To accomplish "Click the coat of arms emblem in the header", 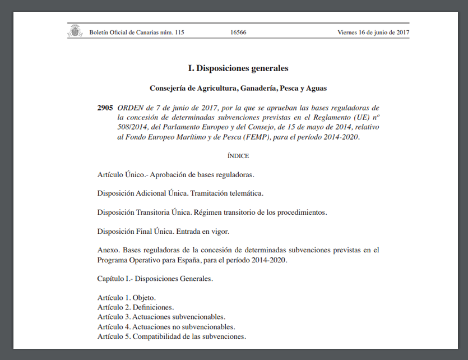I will tap(75, 31).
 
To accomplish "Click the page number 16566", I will tap(238, 33).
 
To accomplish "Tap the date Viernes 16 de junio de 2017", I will tap(373, 33).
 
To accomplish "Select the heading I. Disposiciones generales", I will tap(238, 68).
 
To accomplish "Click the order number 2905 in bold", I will tap(105, 107).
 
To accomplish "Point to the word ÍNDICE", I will tap(238, 156).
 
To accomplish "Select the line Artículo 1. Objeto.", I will tap(127, 297).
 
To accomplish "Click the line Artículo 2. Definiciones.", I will tap(136, 307).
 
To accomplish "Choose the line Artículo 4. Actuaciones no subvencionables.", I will tap(166, 327).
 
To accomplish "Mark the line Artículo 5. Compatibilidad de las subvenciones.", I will tap(172, 336).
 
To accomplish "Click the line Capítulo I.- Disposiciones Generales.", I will tap(155, 278).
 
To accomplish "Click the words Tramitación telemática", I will tap(227, 193).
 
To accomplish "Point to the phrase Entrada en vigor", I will tap(203, 231).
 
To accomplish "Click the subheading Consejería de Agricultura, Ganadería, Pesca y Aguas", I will tap(238, 88).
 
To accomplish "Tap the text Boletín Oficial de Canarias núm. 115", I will tap(137, 33).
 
